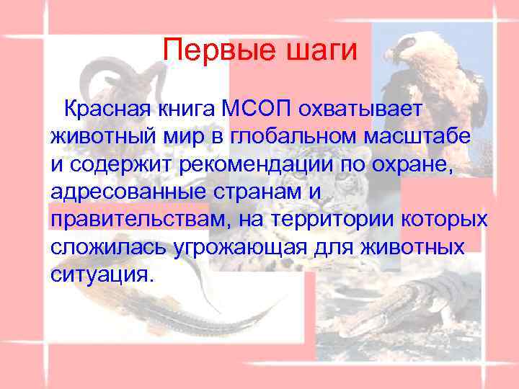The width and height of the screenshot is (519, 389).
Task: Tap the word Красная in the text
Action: pyautogui.click(x=107, y=109)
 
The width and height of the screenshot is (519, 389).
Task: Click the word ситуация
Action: pyautogui.click(x=102, y=275)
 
